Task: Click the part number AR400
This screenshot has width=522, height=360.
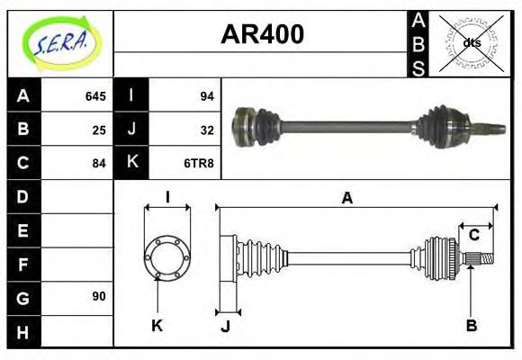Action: pos(262,34)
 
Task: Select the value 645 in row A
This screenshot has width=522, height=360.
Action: pos(94,96)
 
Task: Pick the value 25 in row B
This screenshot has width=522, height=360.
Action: pos(99,130)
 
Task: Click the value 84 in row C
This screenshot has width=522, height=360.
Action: pos(99,163)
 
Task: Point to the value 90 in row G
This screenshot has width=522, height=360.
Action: pos(99,296)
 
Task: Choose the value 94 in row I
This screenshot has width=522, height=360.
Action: pos(206,96)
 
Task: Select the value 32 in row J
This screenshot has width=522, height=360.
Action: pos(206,130)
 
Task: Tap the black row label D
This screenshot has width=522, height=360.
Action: pos(23,196)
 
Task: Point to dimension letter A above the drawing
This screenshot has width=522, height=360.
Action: pos(346,198)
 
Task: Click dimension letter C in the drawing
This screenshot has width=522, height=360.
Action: pos(472,236)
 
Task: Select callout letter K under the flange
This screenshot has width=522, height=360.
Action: pos(157,325)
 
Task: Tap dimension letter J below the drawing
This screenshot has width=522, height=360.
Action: pos(225,326)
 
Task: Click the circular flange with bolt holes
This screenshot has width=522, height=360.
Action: pos(166,257)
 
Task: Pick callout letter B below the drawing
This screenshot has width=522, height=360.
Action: pos(471,325)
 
